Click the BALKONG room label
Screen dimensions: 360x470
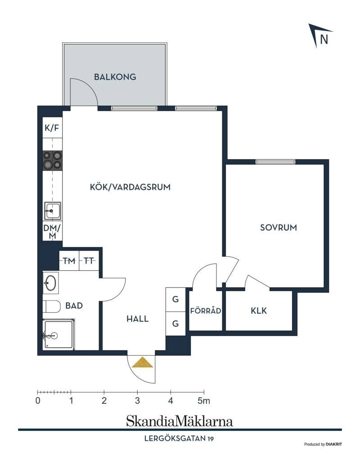[115, 77]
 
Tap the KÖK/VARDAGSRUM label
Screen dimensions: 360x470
[130, 187]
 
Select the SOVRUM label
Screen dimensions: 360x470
[279, 228]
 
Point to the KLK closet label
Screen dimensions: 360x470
[259, 310]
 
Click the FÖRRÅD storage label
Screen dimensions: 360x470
[206, 310]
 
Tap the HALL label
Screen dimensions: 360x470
[137, 318]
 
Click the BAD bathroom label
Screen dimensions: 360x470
[74, 306]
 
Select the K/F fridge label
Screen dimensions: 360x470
[52, 128]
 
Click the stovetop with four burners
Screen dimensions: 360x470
[53, 161]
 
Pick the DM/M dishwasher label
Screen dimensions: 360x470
[52, 232]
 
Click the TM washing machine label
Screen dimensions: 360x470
[69, 261]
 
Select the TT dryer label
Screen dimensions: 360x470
[89, 261]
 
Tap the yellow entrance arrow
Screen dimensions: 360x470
[143, 362]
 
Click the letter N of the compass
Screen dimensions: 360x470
[324, 39]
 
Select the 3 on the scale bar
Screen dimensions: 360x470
[137, 401]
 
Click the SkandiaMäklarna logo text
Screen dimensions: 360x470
[180, 421]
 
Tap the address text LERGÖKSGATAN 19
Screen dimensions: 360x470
[179, 439]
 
